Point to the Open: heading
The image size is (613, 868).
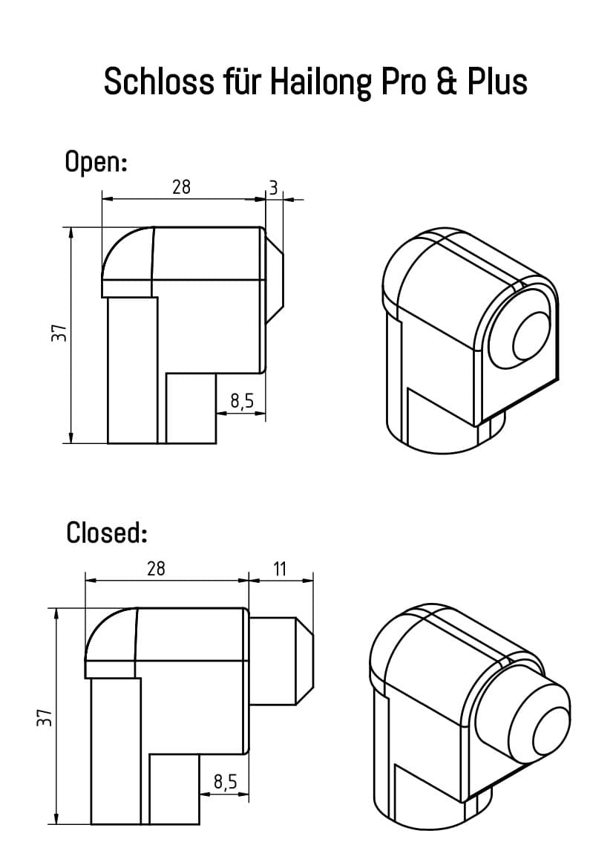[96, 161]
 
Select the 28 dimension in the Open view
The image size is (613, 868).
[181, 187]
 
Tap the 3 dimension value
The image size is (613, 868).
[273, 189]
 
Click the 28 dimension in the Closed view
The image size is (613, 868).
[156, 569]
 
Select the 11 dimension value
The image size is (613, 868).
[280, 570]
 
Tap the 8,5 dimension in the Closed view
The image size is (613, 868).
[225, 781]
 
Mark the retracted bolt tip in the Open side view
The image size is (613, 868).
[275, 279]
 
